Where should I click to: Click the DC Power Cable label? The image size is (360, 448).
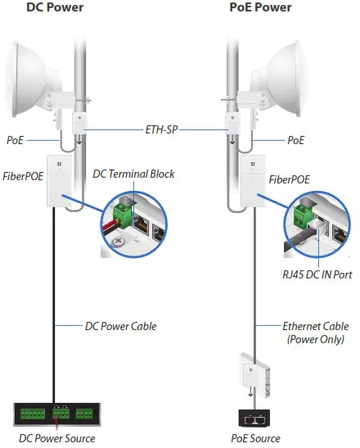(x=120, y=325)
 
